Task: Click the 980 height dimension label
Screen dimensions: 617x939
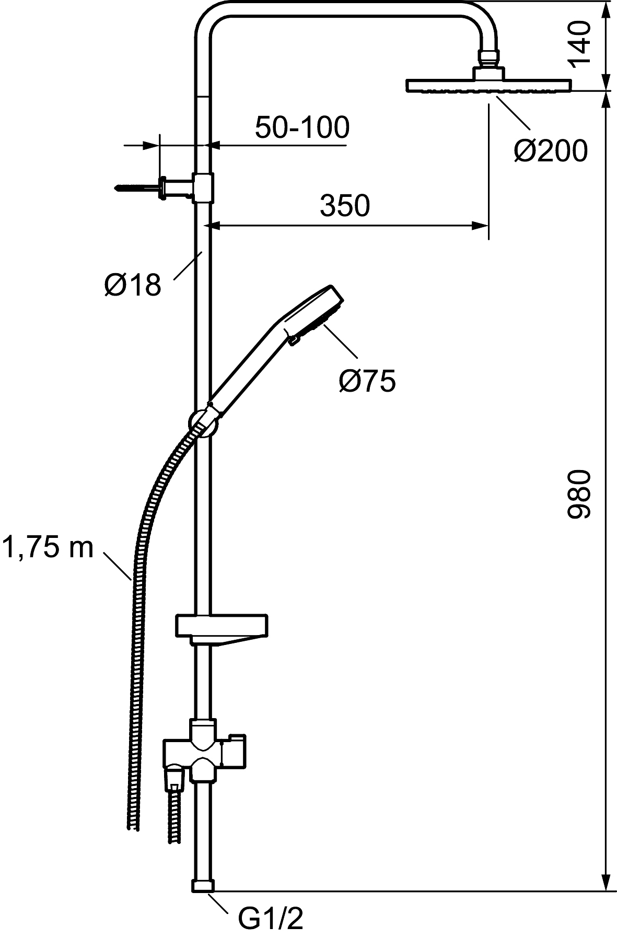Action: [x=579, y=494]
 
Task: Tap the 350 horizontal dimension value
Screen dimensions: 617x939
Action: [x=345, y=206]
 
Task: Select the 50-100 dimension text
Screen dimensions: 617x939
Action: [x=302, y=127]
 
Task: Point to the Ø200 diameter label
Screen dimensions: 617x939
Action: [x=551, y=151]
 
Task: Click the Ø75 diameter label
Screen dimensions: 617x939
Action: [x=367, y=381]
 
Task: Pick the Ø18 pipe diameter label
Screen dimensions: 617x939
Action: [x=133, y=285]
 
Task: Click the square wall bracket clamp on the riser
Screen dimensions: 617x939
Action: [x=203, y=187]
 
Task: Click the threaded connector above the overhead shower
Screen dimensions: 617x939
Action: [x=488, y=57]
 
